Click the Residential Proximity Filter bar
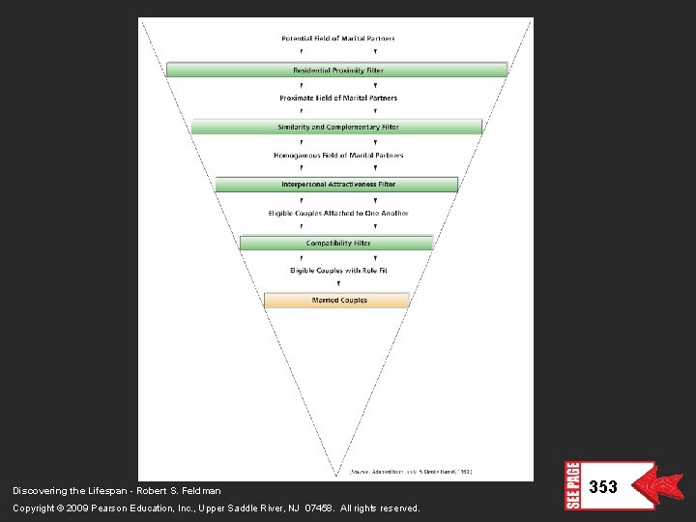(x=336, y=70)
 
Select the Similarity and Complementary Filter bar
(x=336, y=127)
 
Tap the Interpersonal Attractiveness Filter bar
(x=336, y=184)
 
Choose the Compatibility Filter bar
(x=336, y=243)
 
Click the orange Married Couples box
(x=336, y=301)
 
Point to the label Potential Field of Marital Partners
(x=337, y=39)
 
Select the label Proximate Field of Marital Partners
(x=337, y=98)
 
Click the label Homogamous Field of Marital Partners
(x=337, y=155)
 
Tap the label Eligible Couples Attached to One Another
(x=337, y=213)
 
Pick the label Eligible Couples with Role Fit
(x=337, y=271)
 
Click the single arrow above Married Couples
(x=337, y=284)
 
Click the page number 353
(x=602, y=487)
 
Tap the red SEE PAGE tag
(x=572, y=485)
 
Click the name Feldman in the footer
(x=200, y=491)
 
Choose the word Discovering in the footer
(x=38, y=491)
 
